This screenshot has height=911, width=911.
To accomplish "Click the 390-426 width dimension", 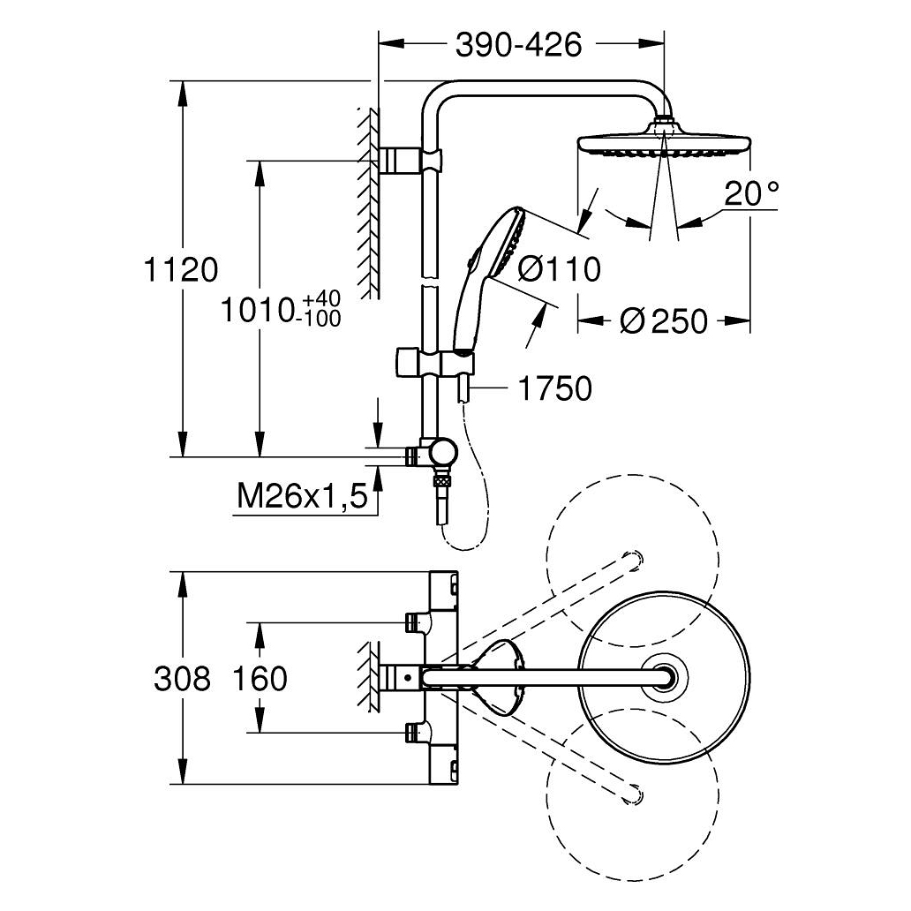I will click(519, 44).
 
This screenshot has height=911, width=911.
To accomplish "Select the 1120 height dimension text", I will click(180, 268).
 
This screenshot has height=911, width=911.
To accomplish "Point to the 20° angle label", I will click(752, 192).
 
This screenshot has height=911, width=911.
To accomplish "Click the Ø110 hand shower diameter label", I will click(559, 268).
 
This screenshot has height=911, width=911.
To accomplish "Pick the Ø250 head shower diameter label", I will click(664, 321).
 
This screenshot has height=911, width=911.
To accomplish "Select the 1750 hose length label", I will click(553, 388).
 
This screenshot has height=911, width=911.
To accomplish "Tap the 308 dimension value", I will click(182, 679).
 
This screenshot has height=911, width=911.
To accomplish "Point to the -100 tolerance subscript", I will click(320, 319).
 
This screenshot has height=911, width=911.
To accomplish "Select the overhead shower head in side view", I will click(664, 144).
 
